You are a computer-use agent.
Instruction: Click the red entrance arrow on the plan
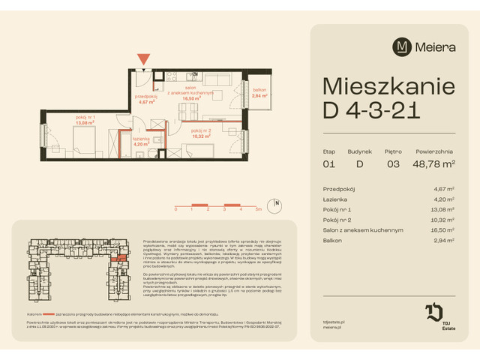coord(142,58)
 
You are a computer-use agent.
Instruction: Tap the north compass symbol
coord(277,203)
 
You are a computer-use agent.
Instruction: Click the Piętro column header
coord(393,151)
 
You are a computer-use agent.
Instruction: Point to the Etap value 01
coord(328,163)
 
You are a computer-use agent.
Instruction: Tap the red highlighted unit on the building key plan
coord(116,256)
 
